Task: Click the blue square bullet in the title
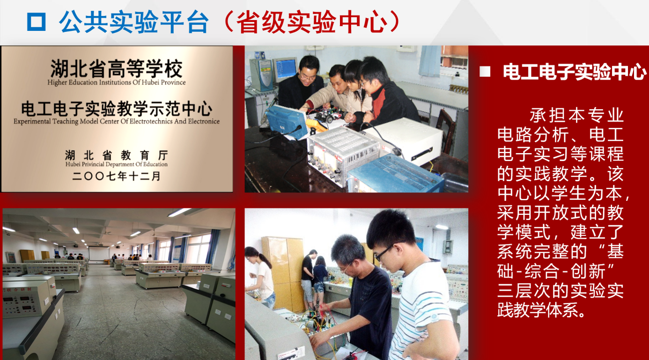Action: point(36,22)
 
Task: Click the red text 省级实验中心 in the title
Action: point(312,22)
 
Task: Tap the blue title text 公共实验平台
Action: point(134,22)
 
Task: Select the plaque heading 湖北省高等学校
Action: point(117,69)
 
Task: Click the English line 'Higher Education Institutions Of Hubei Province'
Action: point(117,82)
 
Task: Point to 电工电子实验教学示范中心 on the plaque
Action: point(117,109)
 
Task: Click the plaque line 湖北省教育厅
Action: point(117,155)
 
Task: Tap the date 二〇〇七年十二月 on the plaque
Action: point(117,176)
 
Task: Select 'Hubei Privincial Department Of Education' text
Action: point(117,164)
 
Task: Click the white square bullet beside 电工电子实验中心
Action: point(485,72)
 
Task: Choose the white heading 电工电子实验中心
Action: point(575,72)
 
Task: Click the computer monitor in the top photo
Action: point(285,69)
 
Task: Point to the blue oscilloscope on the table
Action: point(287,122)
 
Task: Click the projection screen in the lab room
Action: point(99,253)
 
